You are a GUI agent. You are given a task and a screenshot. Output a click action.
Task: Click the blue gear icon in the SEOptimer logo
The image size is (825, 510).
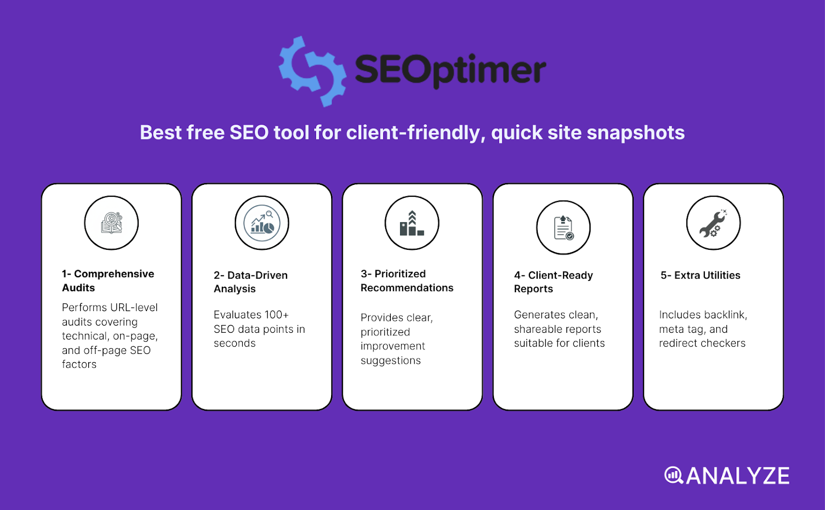click(312, 71)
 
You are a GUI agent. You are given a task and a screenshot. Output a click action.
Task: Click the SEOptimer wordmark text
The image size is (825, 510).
click(450, 71)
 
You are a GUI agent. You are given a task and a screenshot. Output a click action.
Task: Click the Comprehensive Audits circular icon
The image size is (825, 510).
click(111, 223)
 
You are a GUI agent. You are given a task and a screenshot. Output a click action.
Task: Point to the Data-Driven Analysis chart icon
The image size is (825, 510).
click(262, 223)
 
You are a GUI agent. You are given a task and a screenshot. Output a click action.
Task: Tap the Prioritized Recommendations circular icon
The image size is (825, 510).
click(412, 223)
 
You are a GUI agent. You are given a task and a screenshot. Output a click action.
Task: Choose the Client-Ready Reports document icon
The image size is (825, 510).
click(563, 228)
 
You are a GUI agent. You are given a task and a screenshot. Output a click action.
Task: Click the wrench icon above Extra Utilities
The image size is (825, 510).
click(713, 223)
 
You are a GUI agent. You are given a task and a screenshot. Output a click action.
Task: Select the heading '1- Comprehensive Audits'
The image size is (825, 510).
click(108, 281)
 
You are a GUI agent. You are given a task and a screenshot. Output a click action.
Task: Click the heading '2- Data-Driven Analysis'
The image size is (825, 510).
click(251, 282)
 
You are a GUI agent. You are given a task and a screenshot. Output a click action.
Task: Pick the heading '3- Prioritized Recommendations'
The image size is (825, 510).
click(407, 281)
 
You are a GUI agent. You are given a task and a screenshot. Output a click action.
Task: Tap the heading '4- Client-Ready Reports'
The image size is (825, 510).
click(553, 282)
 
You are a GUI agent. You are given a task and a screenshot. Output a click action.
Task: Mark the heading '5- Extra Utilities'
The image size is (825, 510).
click(700, 276)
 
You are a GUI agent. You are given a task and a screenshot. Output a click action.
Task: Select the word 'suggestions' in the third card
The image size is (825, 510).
click(390, 361)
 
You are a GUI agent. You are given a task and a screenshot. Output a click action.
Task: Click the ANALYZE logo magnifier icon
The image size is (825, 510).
click(673, 475)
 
